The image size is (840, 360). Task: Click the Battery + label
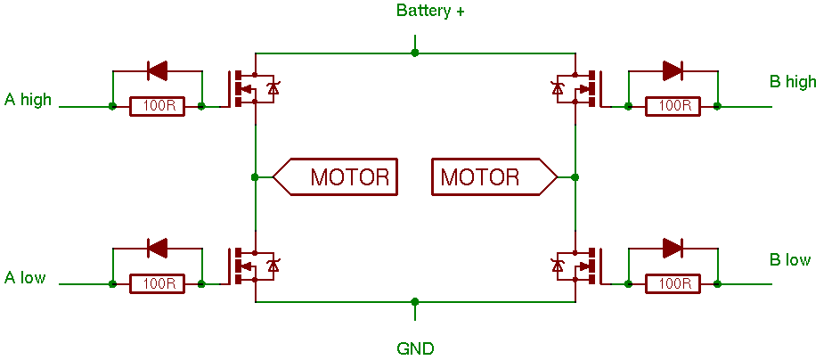[430, 11]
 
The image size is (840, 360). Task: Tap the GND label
[415, 348]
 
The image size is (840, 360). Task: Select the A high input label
[28, 100]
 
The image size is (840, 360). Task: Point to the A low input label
[25, 277]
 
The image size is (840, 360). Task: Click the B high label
[793, 81]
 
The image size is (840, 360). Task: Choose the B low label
[790, 260]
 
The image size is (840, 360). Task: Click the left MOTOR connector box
[335, 176]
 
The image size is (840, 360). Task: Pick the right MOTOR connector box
[494, 176]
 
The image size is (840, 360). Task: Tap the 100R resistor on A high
[157, 106]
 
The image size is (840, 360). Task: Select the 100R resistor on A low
[157, 284]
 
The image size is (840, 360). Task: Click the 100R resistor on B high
[673, 106]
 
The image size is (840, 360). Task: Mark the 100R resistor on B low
[673, 284]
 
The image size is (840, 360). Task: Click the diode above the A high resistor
[157, 70]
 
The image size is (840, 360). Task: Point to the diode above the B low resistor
[673, 248]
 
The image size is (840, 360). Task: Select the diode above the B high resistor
[673, 70]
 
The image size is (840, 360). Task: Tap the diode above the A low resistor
[157, 248]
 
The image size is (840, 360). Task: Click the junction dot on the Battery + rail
[414, 53]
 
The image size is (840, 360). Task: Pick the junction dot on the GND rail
[414, 301]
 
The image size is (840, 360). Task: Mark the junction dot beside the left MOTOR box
[255, 176]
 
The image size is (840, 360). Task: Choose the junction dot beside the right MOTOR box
[575, 176]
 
